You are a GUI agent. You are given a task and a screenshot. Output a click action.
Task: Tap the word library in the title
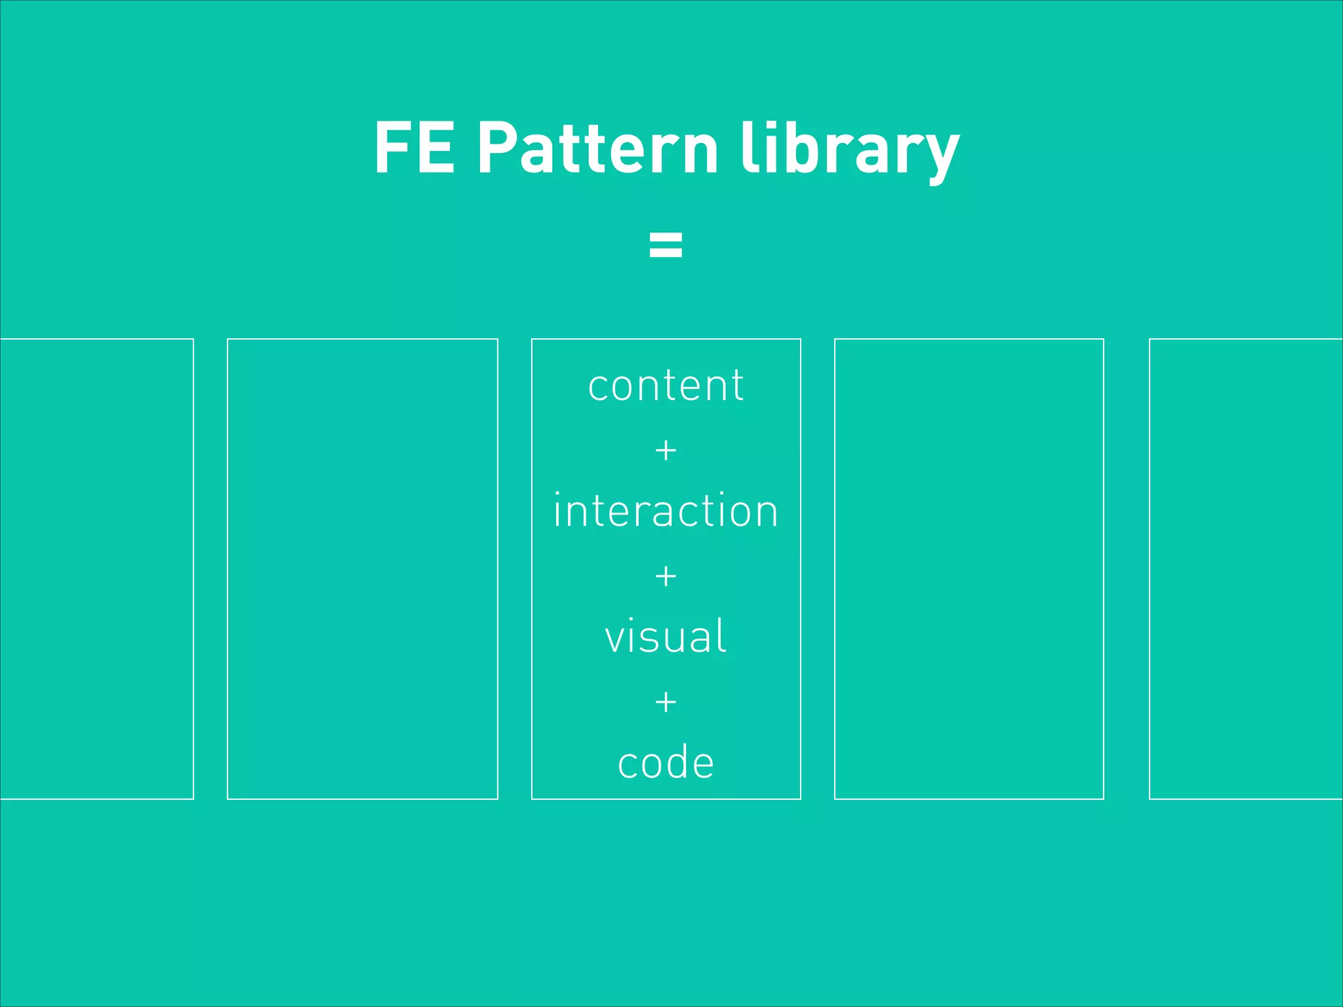pyautogui.click(x=850, y=149)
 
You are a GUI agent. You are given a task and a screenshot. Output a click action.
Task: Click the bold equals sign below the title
pyautogui.click(x=666, y=244)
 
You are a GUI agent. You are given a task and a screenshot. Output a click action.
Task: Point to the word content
pyautogui.click(x=666, y=385)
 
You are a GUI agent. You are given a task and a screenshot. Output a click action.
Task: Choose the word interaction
pyautogui.click(x=666, y=511)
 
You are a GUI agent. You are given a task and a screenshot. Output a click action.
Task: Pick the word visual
pyautogui.click(x=666, y=637)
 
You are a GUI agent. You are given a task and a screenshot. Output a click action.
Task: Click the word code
pyautogui.click(x=666, y=762)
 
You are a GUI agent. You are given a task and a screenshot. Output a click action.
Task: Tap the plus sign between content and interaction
pyautogui.click(x=666, y=450)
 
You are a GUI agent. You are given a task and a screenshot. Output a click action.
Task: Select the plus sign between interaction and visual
pyautogui.click(x=666, y=576)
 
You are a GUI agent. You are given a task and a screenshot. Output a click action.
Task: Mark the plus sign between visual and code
pyautogui.click(x=666, y=702)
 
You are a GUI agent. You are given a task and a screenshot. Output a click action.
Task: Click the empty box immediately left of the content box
pyautogui.click(x=362, y=568)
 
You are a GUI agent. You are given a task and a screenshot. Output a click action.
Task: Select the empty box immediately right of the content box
pyautogui.click(x=969, y=568)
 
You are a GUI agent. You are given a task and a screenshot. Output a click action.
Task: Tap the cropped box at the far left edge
pyautogui.click(x=96, y=568)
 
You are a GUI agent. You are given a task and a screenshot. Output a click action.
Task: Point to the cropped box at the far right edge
pyautogui.click(x=1246, y=568)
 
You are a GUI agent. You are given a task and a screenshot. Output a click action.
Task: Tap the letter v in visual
pyautogui.click(x=617, y=638)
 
